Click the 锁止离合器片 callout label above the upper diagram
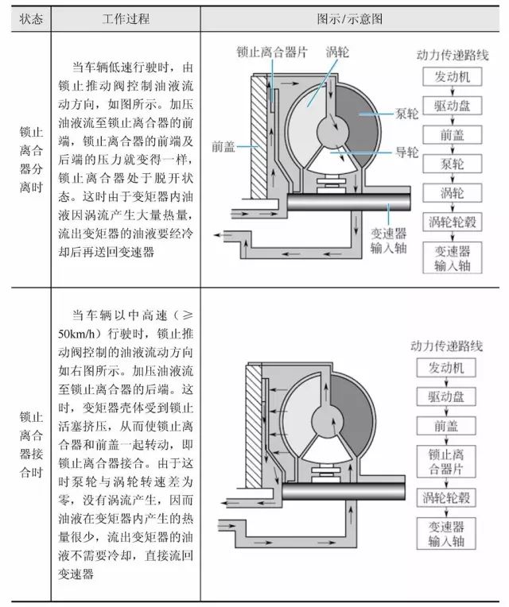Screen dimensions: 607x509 click(x=272, y=51)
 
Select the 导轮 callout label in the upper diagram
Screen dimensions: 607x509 click(x=406, y=153)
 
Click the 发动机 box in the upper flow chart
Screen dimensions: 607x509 click(x=451, y=77)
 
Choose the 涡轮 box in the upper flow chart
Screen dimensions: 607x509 click(x=451, y=192)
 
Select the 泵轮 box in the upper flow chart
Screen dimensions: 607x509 click(x=451, y=164)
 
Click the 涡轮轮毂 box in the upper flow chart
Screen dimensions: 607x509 click(x=451, y=221)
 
